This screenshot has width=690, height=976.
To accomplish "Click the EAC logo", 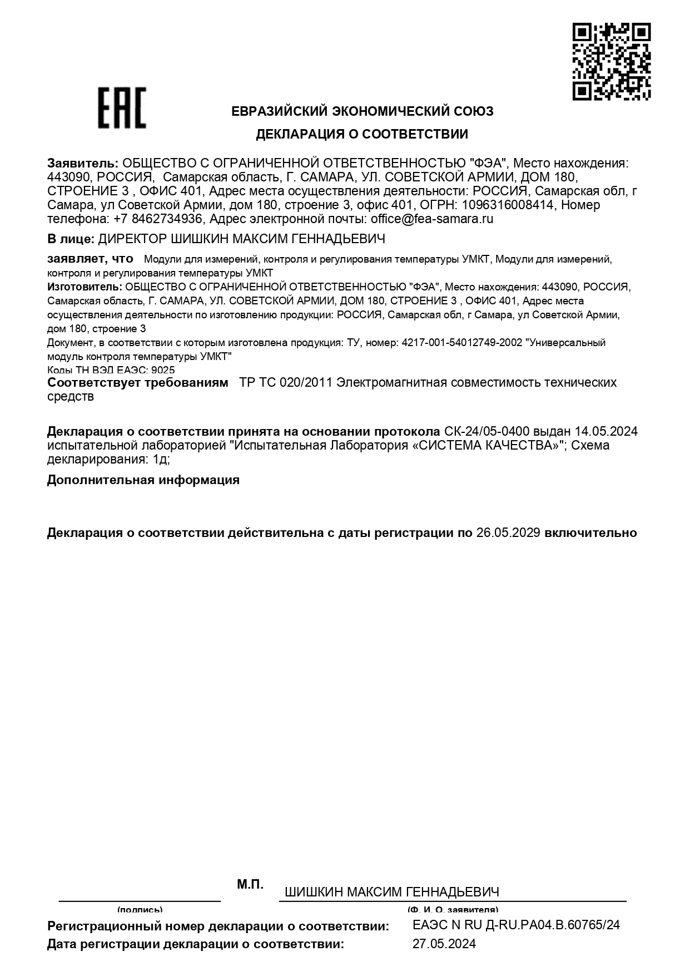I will [122, 107].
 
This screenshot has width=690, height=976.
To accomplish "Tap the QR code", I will [612, 61].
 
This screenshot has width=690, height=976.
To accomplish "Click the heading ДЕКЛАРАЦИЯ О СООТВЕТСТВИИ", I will [362, 134].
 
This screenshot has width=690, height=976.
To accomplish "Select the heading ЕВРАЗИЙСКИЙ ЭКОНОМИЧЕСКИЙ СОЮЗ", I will [362, 111].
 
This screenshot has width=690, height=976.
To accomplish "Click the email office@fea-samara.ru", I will [432, 219].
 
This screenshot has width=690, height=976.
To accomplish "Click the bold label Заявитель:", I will [83, 163].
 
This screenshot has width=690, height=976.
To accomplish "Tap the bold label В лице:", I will [71, 239].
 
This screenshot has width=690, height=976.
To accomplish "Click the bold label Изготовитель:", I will [85, 287].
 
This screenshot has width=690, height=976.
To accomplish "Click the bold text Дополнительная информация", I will [143, 480].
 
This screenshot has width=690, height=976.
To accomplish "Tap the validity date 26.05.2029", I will [508, 533].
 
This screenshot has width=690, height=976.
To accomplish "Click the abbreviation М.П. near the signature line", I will [250, 884].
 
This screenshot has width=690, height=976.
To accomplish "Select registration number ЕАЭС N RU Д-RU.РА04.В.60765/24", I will [516, 925].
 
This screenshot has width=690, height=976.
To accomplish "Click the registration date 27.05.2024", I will [444, 944].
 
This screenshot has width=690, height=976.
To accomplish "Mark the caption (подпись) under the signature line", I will [140, 909].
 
